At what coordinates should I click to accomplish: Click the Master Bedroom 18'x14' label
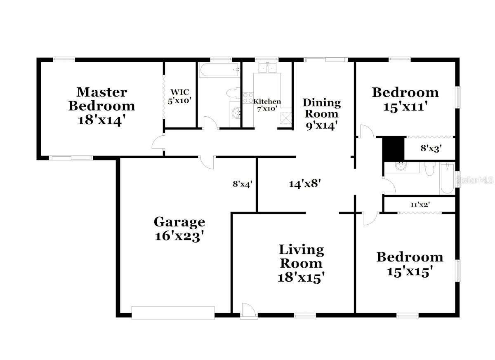(101, 106)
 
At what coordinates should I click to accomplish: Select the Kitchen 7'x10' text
(267, 105)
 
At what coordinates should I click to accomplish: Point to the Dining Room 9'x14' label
(322, 113)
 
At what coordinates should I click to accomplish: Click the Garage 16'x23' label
(179, 229)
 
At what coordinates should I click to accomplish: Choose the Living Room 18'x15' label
(301, 263)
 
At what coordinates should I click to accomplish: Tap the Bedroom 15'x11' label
(405, 99)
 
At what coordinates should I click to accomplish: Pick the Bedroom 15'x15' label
(410, 264)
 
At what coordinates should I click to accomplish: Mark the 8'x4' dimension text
(242, 184)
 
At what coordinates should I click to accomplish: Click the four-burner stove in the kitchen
(247, 98)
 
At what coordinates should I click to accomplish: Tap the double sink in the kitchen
(268, 68)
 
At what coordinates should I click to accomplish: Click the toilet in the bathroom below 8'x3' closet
(430, 169)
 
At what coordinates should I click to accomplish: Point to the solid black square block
(393, 148)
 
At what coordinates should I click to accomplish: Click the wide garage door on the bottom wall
(173, 313)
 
